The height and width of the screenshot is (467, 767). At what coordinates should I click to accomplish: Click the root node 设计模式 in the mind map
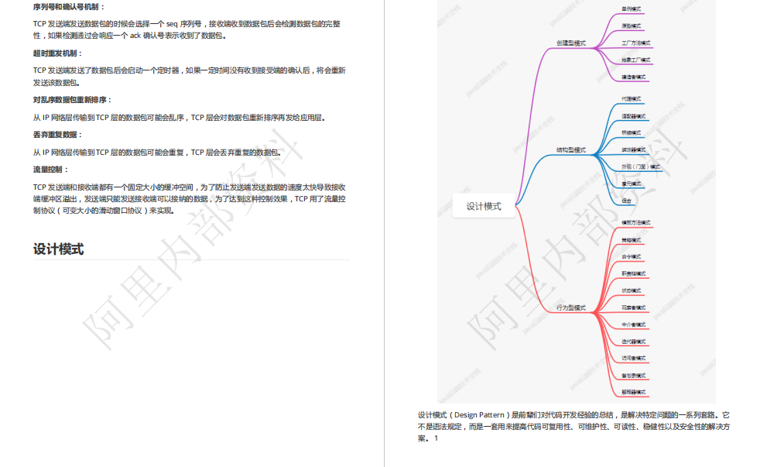pos(484,206)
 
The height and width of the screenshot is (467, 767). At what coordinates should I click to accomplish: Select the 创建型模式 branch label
pos(571,43)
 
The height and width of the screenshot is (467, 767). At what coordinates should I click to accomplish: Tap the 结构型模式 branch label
pos(571,149)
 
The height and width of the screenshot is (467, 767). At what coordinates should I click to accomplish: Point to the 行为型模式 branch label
pos(571,307)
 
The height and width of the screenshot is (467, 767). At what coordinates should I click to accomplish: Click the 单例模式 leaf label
pos(632,9)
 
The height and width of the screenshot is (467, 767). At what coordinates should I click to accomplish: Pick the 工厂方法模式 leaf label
pos(636,43)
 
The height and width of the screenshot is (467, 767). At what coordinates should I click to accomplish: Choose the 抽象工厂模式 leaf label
pos(636,60)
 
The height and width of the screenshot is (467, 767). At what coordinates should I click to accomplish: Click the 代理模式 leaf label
pos(632,100)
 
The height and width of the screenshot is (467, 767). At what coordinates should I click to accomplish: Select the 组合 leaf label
pos(627,200)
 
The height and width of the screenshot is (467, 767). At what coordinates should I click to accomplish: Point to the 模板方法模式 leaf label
pos(636,223)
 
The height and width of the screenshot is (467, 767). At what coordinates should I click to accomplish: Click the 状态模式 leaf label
pos(632,290)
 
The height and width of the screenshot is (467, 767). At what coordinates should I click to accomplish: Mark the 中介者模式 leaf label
pos(634,324)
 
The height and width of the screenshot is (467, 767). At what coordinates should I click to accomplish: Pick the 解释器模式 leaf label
pos(634,392)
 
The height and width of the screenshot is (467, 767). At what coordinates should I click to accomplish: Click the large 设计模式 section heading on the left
pos(58,249)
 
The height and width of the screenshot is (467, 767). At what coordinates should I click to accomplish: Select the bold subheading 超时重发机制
pos(57,53)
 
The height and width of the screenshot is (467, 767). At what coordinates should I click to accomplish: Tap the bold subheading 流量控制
pos(51,169)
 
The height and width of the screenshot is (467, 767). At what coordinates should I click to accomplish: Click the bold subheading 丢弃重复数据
pos(57,135)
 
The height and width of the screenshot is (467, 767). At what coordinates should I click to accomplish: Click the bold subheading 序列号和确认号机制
pos(66,7)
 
